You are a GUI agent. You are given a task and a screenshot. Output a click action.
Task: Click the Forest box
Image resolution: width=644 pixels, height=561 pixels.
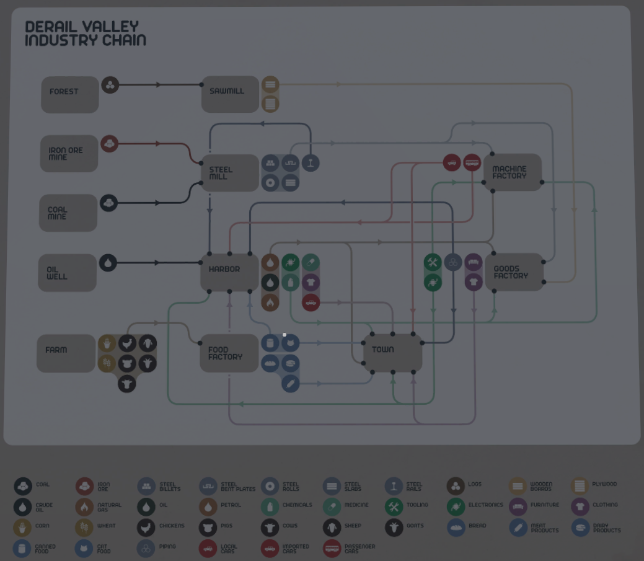point(69,94)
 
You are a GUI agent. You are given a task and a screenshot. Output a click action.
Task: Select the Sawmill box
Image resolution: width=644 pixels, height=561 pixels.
point(229,94)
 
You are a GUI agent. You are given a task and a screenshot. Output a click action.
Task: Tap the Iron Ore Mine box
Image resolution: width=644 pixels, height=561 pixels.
point(69,153)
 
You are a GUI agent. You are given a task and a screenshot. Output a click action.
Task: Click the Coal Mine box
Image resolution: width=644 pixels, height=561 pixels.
point(68,213)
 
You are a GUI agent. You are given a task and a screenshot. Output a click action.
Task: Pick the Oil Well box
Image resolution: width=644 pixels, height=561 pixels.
point(67,273)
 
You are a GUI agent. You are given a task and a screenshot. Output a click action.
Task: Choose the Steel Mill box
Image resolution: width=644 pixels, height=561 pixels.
point(229,172)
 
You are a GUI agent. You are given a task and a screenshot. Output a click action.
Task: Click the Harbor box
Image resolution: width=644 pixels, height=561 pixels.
point(229,272)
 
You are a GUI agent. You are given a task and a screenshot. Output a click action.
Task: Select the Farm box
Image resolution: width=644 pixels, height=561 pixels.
point(66,353)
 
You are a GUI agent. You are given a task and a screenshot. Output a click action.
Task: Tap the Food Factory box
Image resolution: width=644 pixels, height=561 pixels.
point(229,353)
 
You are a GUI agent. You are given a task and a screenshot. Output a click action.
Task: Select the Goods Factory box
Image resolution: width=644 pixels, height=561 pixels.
point(514,272)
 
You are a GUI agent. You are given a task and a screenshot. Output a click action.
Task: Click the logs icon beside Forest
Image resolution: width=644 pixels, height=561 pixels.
point(110,85)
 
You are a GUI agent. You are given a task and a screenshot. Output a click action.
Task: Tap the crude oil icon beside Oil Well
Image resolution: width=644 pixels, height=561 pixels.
point(108,263)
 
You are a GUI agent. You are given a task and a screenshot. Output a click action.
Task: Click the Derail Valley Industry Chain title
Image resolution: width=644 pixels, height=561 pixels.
point(86,34)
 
